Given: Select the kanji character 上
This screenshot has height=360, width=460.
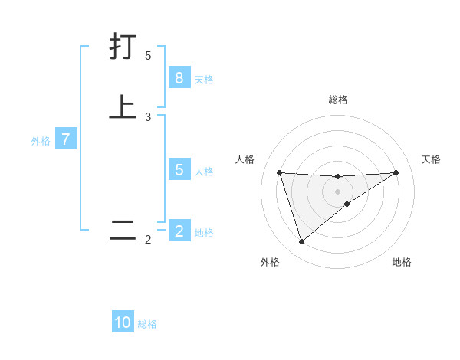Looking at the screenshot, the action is pyautogui.click(x=123, y=106).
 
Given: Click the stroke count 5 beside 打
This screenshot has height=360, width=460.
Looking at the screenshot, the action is pyautogui.click(x=148, y=55).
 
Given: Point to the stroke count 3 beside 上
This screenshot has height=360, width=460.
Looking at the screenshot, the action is pyautogui.click(x=148, y=116).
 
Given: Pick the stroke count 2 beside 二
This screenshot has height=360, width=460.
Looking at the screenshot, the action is pyautogui.click(x=148, y=241).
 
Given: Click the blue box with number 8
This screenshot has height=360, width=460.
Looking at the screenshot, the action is pyautogui.click(x=179, y=77).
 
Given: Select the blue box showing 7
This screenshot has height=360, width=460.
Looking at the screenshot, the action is pyautogui.click(x=66, y=139).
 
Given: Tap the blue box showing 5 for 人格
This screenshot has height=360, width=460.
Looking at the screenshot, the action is pyautogui.click(x=179, y=170).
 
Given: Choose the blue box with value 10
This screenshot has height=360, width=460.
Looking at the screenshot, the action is pyautogui.click(x=123, y=322).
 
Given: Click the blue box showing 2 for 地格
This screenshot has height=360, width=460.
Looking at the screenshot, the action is pyautogui.click(x=179, y=231).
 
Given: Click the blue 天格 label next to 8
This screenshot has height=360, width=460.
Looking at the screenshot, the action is pyautogui.click(x=204, y=79).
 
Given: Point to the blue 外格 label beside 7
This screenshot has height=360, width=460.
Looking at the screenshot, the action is pyautogui.click(x=41, y=141).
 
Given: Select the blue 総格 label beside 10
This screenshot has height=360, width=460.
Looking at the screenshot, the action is pyautogui.click(x=147, y=324).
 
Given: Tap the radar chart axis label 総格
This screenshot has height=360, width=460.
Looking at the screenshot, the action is pyautogui.click(x=337, y=100).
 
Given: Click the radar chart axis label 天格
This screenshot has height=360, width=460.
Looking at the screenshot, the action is pyautogui.click(x=432, y=159).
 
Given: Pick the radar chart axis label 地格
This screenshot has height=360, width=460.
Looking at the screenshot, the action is pyautogui.click(x=402, y=262).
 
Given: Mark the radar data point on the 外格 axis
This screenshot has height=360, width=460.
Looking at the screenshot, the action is pyautogui.click(x=301, y=242).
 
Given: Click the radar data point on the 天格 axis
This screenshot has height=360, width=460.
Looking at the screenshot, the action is pyautogui.click(x=396, y=172).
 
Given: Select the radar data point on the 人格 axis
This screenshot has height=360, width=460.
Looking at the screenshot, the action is pyautogui.click(x=279, y=172).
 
